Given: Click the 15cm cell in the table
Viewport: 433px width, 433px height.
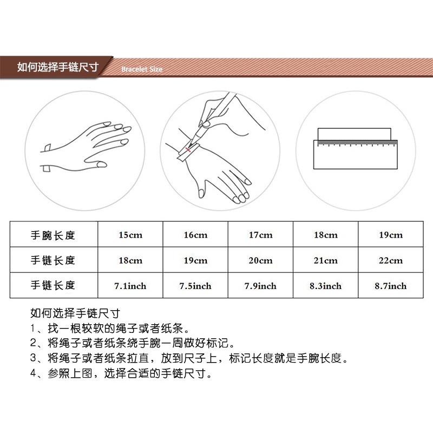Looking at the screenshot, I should [130, 235].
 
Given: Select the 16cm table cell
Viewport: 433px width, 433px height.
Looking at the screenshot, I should [195, 235].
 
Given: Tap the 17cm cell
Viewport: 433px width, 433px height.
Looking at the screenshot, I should [260, 235].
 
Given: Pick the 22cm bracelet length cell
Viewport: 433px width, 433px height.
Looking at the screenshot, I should [390, 260].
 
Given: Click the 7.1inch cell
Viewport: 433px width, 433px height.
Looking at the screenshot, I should [130, 286].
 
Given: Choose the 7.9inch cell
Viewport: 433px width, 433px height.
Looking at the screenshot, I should [260, 286].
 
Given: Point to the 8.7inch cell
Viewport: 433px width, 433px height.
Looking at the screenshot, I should [390, 286].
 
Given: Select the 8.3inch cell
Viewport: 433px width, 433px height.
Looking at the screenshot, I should [325, 286].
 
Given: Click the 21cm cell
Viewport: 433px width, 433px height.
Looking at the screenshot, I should [325, 260].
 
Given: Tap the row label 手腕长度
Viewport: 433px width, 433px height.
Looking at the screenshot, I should [53, 235].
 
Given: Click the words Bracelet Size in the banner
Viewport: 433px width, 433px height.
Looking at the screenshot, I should [142, 69].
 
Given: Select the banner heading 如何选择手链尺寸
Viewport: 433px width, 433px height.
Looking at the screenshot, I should [57, 67].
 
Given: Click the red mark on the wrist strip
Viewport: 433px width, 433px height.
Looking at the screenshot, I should [187, 149].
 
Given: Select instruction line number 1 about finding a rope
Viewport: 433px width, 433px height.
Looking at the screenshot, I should [111, 328].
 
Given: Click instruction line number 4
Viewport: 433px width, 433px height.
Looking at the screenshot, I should [120, 373].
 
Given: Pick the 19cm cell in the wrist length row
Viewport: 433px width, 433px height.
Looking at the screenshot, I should [390, 235].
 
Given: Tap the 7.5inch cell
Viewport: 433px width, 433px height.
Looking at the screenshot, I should [195, 286].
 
